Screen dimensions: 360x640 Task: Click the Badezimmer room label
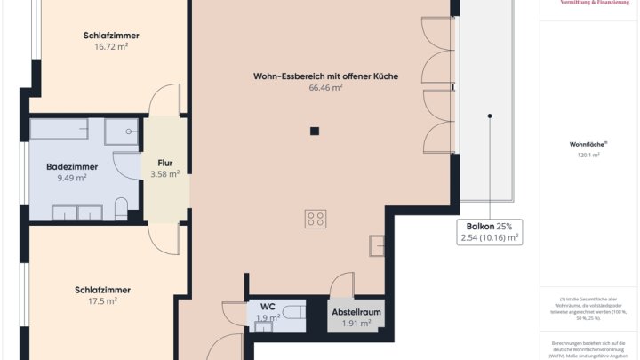pyautogui.click(x=72, y=166)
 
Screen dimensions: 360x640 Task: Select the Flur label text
pyautogui.click(x=164, y=164)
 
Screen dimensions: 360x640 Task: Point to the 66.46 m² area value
pyautogui.click(x=325, y=88)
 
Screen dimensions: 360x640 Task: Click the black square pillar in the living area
pyautogui.click(x=314, y=132)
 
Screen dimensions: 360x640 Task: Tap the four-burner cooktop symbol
pyautogui.click(x=316, y=219)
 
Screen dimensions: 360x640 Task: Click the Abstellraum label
pyautogui.click(x=356, y=313)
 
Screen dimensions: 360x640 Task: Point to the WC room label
pyautogui.click(x=267, y=307)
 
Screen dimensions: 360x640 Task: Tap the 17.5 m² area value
pyautogui.click(x=102, y=300)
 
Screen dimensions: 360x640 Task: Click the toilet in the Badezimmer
pyautogui.click(x=122, y=210)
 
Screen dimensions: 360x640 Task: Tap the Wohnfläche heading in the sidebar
pyautogui.click(x=588, y=144)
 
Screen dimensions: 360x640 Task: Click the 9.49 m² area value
pyautogui.click(x=72, y=178)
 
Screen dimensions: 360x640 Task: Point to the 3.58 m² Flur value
pyautogui.click(x=164, y=174)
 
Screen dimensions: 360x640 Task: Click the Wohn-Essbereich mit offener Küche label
pyautogui.click(x=325, y=76)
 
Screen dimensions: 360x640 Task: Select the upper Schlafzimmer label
pyautogui.click(x=111, y=36)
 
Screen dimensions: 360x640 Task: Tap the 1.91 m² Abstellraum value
pyautogui.click(x=356, y=324)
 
